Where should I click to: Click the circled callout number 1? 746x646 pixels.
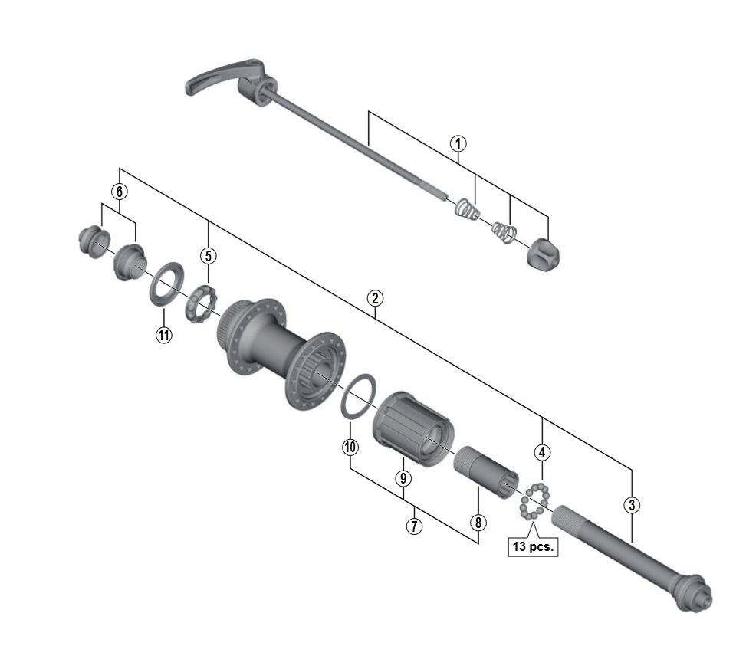[458, 143]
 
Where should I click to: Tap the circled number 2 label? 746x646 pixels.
[375, 299]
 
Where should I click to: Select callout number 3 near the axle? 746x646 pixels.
[632, 505]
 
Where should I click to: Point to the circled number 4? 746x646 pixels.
[542, 453]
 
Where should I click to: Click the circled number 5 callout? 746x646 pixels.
[208, 256]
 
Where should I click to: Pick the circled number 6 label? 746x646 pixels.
[120, 192]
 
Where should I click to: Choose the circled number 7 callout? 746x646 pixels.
[414, 526]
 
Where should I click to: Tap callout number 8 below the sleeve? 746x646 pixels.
[478, 523]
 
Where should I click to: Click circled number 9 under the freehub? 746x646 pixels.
[403, 478]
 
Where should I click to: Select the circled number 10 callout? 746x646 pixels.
[350, 447]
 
